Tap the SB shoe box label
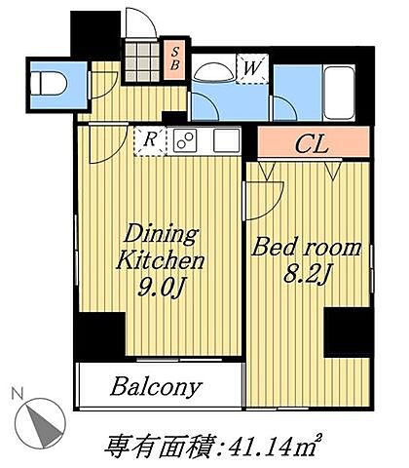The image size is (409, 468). tap(175, 58)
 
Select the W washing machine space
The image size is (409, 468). tap(252, 69)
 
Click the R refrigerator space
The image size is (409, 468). tap(150, 141)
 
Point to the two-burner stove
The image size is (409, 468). tap(185, 140)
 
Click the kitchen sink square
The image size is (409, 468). tap(227, 140)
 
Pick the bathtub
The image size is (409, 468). tap(339, 93)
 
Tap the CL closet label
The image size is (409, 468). tap(312, 144)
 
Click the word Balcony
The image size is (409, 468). tap(156, 387)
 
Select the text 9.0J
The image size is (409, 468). tap(159, 289)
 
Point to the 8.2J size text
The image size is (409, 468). tap(306, 275)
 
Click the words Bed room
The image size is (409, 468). tap(306, 249)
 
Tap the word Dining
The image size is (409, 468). tap(161, 233)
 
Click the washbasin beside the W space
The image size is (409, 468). tap(212, 72)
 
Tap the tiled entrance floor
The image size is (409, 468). tap(142, 61)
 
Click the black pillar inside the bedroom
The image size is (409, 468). tap(348, 332)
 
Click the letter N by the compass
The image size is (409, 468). tap(17, 393)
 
